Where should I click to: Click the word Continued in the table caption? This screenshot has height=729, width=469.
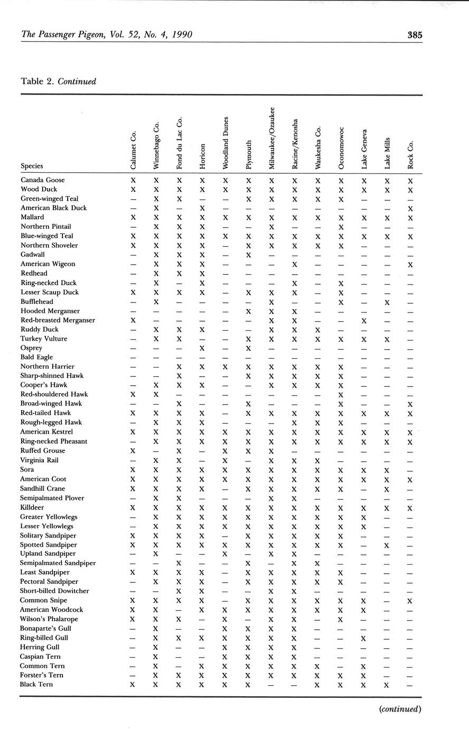point(77,81)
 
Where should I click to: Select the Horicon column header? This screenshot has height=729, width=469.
point(202,156)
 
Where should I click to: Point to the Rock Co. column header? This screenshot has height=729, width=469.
point(410,154)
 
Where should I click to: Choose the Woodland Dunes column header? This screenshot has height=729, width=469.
point(226,143)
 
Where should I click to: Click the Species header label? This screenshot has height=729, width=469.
point(32,166)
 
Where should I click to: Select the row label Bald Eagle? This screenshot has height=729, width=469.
point(36,357)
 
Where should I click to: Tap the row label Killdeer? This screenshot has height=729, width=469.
point(33,507)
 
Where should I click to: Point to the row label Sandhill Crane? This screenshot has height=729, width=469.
point(43,489)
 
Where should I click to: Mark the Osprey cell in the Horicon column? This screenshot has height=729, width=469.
point(202,348)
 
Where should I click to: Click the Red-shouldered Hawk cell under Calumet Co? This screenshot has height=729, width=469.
point(133,395)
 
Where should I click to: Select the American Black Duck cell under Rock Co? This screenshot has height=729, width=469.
point(410,208)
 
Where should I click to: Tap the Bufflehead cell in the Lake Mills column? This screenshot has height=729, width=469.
point(387,302)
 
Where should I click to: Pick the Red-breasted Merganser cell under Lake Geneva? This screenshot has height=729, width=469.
point(364,321)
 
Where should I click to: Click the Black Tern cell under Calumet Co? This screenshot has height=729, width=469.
point(133,685)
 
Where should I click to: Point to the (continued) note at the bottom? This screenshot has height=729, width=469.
point(400,709)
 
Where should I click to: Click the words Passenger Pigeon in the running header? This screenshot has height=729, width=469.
point(71,35)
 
